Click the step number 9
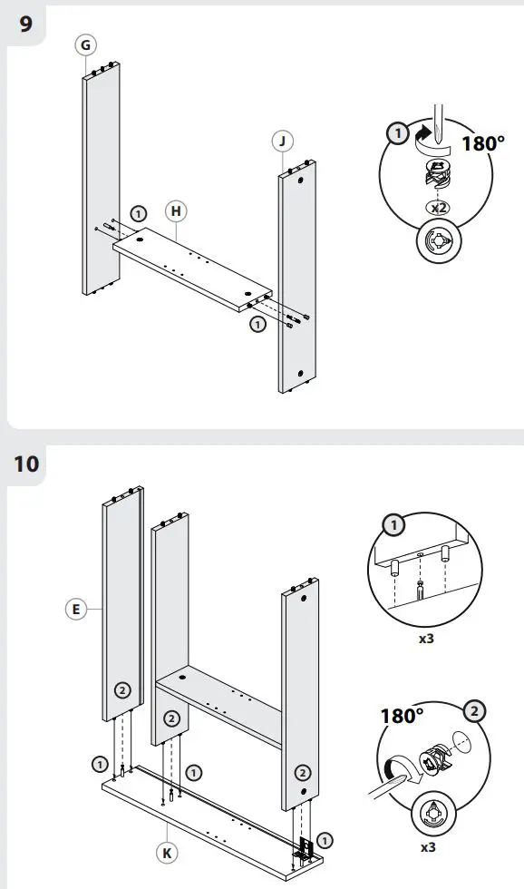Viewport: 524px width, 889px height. point(25,24)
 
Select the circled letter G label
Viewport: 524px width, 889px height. point(87,45)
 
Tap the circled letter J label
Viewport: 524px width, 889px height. point(284,141)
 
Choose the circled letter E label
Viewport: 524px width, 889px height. point(77,611)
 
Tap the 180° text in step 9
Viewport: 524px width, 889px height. point(483,143)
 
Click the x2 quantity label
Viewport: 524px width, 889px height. point(439,208)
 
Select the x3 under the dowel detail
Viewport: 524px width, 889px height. point(425,638)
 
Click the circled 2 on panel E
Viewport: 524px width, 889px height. point(122,690)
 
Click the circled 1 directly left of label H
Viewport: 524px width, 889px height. point(138,214)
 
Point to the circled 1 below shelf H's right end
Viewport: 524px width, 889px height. point(258,323)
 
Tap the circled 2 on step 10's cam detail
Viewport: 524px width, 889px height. point(472,712)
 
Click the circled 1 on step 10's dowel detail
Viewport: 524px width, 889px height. point(395,525)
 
